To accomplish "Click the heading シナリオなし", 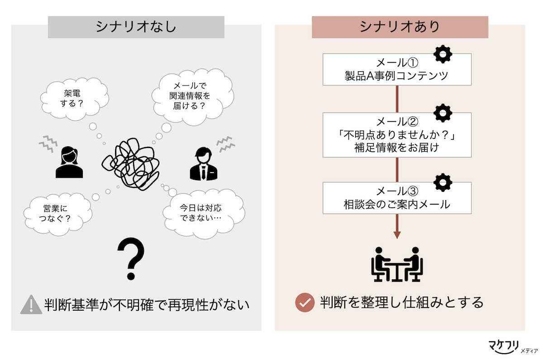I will pos(136,27).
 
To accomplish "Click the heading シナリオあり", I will pos(400,27).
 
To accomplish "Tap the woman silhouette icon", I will pos(70,162).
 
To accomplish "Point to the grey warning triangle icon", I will pos(31,304).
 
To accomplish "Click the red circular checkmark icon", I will pos(305,302).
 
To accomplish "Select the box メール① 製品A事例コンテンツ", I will pos(397,69).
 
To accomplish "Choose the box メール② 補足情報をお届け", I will pos(397,135).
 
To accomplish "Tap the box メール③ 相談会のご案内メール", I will pos(397,198).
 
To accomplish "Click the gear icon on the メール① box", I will pos(443,54).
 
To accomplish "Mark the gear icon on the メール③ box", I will pos(443,182).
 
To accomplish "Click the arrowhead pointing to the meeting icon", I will pos(397,235).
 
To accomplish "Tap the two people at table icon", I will pos(397,264).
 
